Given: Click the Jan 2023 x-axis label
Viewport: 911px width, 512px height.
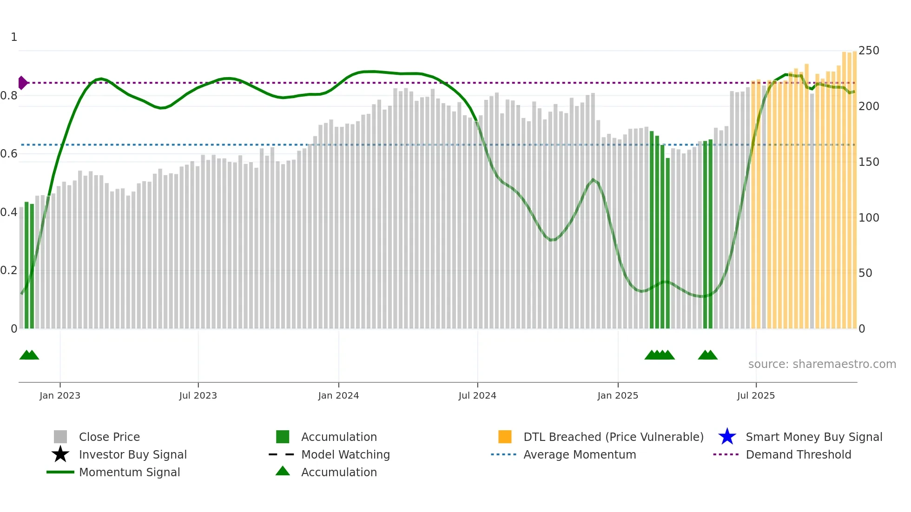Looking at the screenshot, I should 59,395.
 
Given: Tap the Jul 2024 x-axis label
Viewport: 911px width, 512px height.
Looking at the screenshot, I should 477,395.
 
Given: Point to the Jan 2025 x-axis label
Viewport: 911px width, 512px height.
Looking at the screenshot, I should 618,395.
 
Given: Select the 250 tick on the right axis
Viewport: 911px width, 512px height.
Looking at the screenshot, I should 869,50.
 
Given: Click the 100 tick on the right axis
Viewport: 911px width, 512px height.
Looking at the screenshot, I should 869,217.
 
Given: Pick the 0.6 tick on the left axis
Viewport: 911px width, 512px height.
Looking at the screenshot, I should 9,154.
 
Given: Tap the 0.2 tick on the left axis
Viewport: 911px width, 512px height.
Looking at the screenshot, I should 9,270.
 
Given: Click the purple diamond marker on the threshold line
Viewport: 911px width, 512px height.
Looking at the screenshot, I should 22,83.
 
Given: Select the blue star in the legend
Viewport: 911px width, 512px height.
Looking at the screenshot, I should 727,437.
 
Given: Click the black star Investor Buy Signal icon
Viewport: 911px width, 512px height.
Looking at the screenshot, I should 60,454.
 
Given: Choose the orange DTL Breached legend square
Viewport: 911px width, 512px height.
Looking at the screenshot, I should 505,437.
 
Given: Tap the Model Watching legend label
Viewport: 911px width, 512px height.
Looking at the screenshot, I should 345,454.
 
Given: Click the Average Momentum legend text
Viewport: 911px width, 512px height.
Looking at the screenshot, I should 580,454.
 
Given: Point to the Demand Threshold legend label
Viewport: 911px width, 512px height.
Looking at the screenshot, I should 798,454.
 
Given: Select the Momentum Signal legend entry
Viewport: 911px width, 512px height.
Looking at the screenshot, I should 129,472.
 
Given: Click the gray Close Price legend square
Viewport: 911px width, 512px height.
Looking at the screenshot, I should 60,437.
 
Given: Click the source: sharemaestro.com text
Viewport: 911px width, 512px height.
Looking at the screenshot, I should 822,364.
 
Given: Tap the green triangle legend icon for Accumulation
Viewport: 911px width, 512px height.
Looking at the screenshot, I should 283,471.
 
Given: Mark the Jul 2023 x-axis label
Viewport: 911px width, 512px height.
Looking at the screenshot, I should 198,395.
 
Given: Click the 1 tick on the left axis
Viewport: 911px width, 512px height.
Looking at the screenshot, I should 14,37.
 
